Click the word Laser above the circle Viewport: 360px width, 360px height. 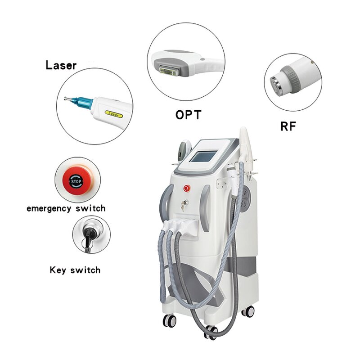tap(61, 66)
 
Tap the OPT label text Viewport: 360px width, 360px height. tap(188, 115)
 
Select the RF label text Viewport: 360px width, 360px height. tap(288, 127)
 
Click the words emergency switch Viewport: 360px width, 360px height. tap(66, 209)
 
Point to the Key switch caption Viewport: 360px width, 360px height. tap(75, 270)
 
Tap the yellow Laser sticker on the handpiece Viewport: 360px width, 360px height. tap(113, 114)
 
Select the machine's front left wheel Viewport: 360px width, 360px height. tap(170, 321)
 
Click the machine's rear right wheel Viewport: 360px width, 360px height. tap(247, 311)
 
